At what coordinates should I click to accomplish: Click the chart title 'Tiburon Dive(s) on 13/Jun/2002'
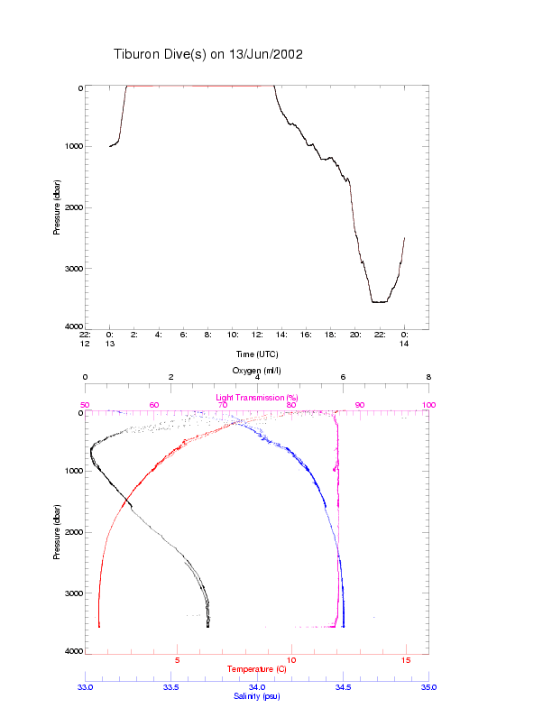[x=207, y=54]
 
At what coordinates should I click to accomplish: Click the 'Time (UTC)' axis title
[x=257, y=354]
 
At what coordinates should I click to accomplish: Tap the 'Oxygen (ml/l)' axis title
[x=257, y=371]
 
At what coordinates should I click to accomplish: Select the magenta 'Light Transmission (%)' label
[x=257, y=398]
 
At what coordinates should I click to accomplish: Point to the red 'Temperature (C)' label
[x=257, y=669]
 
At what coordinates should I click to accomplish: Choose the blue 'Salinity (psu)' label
[x=257, y=696]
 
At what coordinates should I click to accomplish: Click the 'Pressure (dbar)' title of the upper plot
[x=57, y=207]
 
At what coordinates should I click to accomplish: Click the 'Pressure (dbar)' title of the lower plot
[x=57, y=531]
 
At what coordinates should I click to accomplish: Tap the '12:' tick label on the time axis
[x=257, y=335]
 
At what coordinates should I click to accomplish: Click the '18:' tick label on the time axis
[x=331, y=335]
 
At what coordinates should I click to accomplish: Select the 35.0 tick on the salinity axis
[x=429, y=687]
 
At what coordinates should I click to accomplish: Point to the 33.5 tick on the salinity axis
[x=171, y=687]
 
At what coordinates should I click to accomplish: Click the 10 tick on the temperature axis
[x=291, y=660]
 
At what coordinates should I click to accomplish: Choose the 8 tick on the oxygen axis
[x=429, y=378]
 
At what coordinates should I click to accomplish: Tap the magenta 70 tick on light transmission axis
[x=223, y=405]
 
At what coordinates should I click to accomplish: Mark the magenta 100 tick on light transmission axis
[x=429, y=405]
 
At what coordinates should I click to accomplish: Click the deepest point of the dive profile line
[x=379, y=302]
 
